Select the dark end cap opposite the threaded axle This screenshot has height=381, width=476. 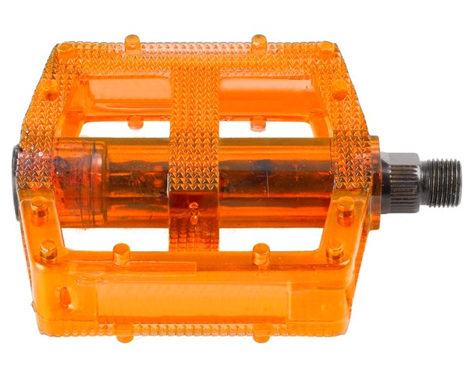pos(18,176)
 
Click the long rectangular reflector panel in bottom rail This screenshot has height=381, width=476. pos(187,294)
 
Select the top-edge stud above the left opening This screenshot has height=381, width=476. pos(133,41)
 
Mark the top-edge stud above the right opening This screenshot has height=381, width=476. pos(258,41)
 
